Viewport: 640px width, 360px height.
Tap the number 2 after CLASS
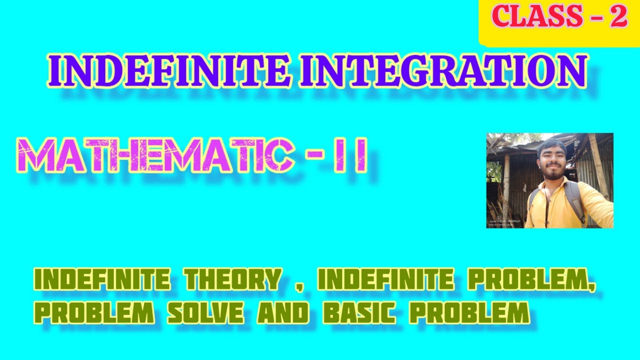[618, 17]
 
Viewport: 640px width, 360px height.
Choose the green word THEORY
[232, 280]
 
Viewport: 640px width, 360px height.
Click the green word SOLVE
[205, 313]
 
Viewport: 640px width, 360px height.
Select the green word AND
[283, 313]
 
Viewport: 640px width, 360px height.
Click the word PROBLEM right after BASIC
[469, 313]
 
